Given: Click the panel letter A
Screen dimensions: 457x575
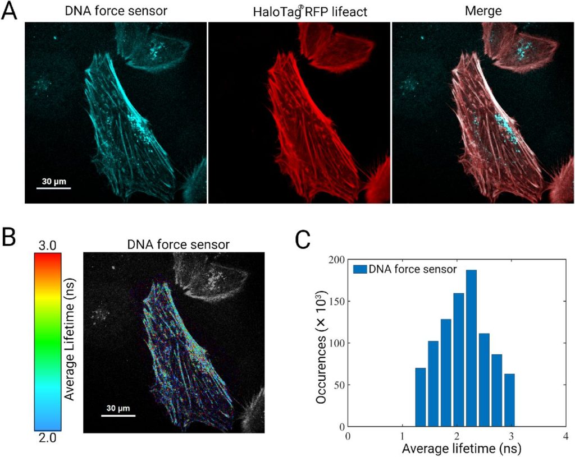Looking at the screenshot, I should click(x=10, y=11).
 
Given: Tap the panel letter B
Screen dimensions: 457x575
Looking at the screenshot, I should click(x=10, y=238).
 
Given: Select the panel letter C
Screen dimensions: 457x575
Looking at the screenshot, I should click(x=304, y=239).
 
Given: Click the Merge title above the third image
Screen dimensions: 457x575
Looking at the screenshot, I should click(x=482, y=12).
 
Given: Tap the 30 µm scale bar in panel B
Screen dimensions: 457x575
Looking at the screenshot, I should click(x=118, y=416).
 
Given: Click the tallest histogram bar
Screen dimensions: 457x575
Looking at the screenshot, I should click(x=471, y=348).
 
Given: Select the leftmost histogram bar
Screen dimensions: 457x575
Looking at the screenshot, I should click(x=421, y=397).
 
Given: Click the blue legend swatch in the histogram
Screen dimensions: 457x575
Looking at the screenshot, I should click(x=359, y=270).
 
